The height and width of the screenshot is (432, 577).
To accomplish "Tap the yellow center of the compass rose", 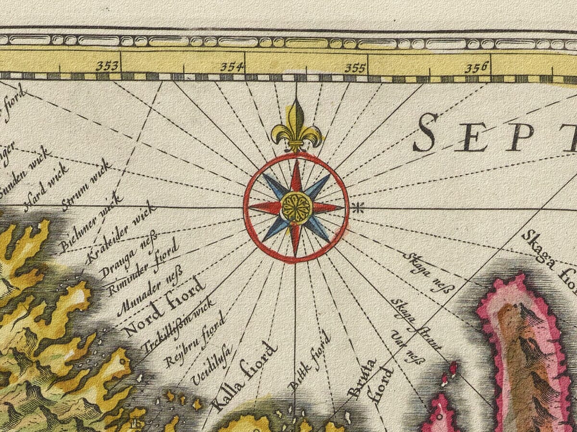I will [x=297, y=207].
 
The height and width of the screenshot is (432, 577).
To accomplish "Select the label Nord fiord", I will [x=164, y=307].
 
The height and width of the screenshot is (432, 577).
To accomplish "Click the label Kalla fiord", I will [x=245, y=377].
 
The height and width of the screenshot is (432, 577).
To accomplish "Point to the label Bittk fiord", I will [x=310, y=360].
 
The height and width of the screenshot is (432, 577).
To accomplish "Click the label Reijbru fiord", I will [x=194, y=339].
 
